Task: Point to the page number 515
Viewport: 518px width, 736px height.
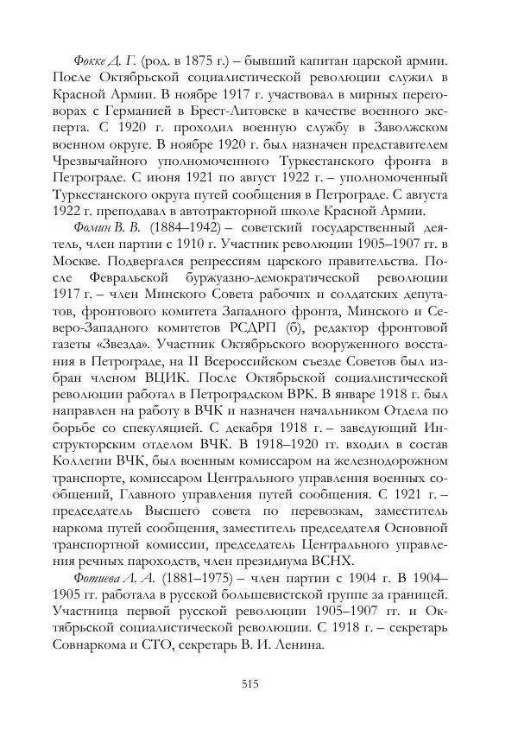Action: click(x=251, y=683)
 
